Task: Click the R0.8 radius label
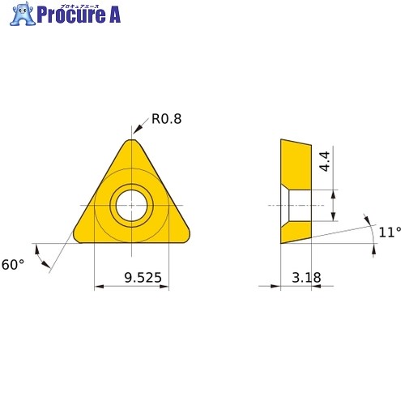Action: point(166,119)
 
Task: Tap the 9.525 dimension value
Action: point(143,278)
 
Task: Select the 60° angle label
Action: point(13,265)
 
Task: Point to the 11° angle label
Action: point(390,232)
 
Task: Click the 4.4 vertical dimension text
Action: point(325,161)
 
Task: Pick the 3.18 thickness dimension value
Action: point(306,278)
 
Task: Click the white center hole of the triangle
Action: point(131,206)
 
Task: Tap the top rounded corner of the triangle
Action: point(131,140)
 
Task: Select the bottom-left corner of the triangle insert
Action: point(76,237)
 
